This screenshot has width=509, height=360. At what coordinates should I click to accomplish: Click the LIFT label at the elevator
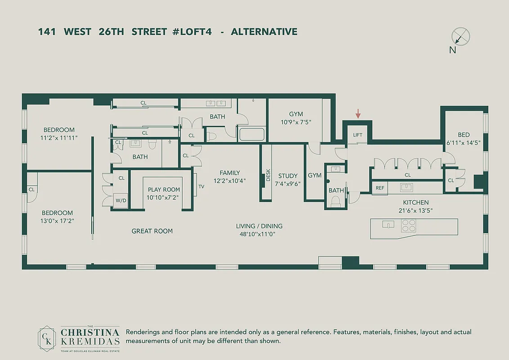(x=357, y=135)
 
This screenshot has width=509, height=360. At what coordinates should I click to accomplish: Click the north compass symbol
(x=460, y=36)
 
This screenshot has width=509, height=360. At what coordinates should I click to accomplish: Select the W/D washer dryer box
(x=120, y=200)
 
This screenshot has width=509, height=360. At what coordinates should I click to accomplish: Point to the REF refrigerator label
(x=380, y=188)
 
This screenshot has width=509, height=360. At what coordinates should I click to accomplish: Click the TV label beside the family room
(x=201, y=186)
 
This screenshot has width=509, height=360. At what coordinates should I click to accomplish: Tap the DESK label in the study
(x=268, y=175)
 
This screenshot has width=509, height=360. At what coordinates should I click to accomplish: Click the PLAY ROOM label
(x=164, y=189)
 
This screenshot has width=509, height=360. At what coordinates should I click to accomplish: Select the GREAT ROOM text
(x=152, y=231)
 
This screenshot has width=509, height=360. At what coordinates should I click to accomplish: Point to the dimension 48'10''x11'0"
(x=259, y=234)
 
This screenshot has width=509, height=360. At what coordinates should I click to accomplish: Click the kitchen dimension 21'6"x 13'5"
(x=415, y=210)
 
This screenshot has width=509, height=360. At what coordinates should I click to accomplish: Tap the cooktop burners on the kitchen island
(x=409, y=225)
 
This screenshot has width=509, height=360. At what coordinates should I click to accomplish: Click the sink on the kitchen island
(x=387, y=224)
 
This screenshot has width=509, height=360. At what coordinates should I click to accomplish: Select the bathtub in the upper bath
(x=252, y=135)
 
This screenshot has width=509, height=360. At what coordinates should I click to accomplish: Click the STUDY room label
(x=288, y=176)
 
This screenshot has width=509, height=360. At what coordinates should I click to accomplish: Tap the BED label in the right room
(x=464, y=135)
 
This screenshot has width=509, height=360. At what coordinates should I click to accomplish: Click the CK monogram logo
(x=46, y=337)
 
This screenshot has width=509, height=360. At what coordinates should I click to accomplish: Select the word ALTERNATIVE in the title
(x=264, y=31)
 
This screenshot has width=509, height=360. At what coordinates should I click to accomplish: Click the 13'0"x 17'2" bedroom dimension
(x=57, y=221)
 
